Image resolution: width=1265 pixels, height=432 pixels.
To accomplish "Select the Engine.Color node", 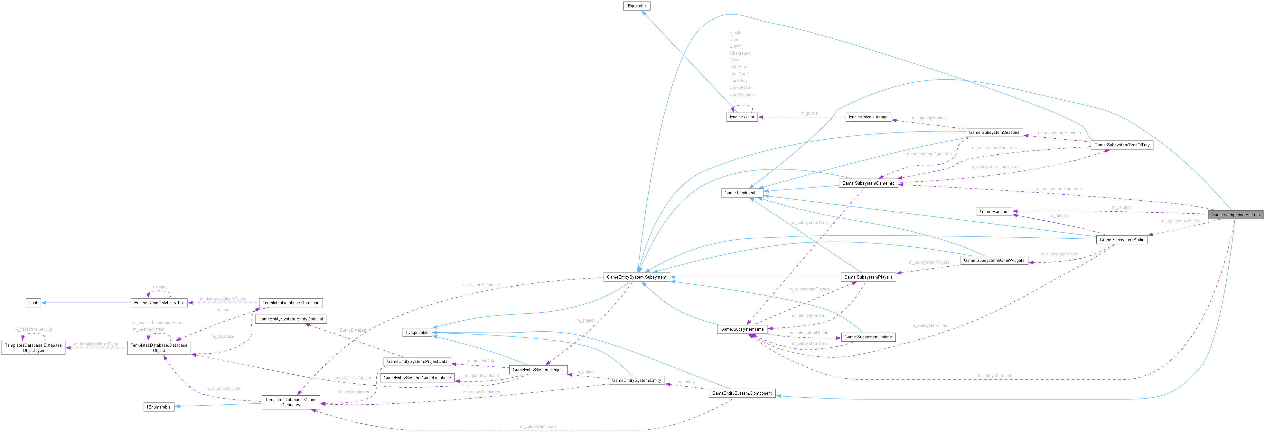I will (x=742, y=117).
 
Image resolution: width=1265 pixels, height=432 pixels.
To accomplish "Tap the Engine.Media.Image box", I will (x=868, y=117).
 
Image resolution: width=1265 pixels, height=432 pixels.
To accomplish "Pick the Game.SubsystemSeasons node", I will (x=994, y=133).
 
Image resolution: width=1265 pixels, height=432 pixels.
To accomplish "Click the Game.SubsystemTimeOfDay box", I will (x=1122, y=145).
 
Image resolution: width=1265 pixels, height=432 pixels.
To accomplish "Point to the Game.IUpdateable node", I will (x=742, y=193).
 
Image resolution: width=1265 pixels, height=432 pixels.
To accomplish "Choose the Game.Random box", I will (x=994, y=212).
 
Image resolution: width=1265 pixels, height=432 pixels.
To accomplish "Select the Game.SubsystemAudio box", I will (x=1122, y=240).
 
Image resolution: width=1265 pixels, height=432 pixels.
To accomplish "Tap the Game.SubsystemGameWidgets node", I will (x=994, y=260).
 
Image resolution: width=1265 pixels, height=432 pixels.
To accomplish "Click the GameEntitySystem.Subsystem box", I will (x=636, y=277).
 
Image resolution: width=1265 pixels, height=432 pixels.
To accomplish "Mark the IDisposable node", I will (x=417, y=332).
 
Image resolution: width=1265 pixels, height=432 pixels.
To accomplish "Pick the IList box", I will (x=33, y=303).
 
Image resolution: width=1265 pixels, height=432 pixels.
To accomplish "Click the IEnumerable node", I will (x=159, y=407).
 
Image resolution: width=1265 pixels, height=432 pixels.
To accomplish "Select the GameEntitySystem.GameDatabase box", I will (x=417, y=378).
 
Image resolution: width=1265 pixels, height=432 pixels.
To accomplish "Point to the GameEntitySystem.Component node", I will (x=742, y=393).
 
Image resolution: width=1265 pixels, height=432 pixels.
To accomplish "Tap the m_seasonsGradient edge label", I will (x=929, y=118).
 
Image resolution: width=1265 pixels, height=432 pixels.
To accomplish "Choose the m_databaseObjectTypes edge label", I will (x=222, y=299).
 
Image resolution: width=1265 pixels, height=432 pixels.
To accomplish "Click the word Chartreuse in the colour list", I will (x=740, y=53).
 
